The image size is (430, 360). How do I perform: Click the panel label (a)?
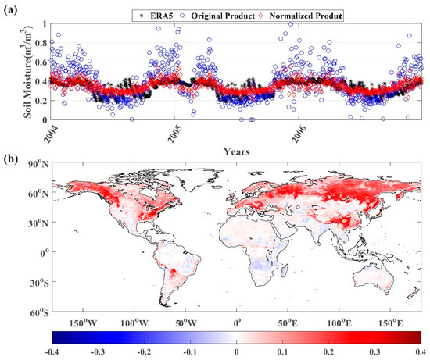[x=11, y=9]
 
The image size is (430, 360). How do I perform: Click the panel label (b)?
[x=11, y=162]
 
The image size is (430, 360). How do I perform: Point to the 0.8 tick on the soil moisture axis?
[x=37, y=43]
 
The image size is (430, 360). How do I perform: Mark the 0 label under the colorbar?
[x=237, y=354]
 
